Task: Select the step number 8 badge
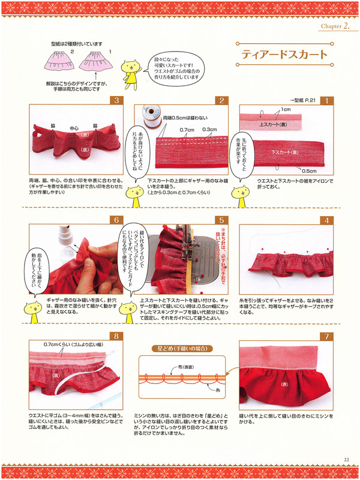click(117, 337)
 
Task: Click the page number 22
click(347, 460)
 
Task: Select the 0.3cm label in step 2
click(209, 129)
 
